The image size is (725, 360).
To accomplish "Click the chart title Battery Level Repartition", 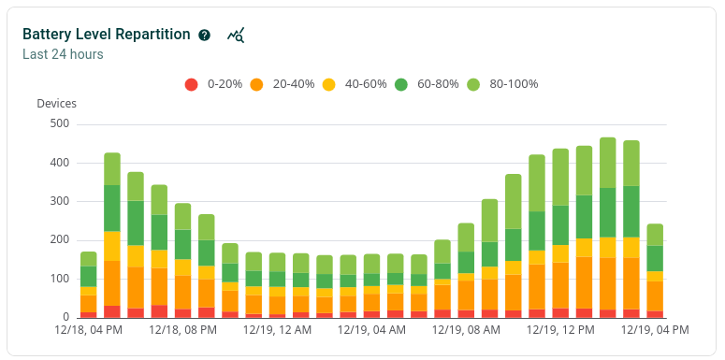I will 108,34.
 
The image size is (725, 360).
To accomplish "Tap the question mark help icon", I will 205,35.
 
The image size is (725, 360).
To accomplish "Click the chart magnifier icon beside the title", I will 236,35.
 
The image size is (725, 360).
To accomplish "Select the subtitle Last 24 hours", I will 63,54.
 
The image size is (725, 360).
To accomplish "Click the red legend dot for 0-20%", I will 191,84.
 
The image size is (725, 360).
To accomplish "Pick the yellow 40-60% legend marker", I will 328,84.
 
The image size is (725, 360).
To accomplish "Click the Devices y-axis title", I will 56,104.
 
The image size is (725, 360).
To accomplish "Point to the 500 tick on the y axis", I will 59,123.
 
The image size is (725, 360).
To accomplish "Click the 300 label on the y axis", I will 59,201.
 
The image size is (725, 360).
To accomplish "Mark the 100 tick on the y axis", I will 59,279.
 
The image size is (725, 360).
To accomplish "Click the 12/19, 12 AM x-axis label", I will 277,330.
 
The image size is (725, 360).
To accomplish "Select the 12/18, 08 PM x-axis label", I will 182,330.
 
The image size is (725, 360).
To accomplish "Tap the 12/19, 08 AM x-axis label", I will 466,330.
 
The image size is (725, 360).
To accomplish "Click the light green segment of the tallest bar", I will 608,163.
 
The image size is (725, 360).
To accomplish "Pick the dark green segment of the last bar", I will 655,258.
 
